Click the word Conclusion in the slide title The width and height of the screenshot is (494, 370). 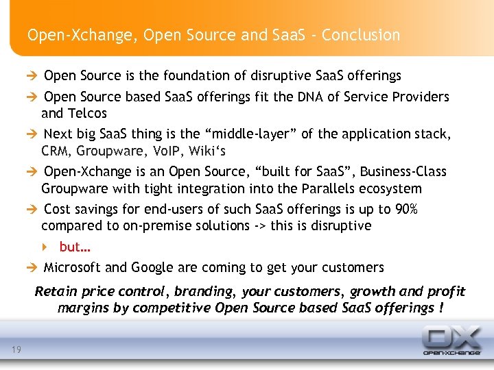tap(362, 35)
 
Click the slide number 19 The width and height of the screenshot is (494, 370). tap(16, 351)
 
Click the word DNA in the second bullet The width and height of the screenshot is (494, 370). tap(305, 97)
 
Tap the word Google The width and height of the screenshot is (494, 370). tap(152, 267)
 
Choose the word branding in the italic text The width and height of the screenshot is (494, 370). tap(206, 291)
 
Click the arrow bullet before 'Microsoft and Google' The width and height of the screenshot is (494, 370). tap(32, 267)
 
